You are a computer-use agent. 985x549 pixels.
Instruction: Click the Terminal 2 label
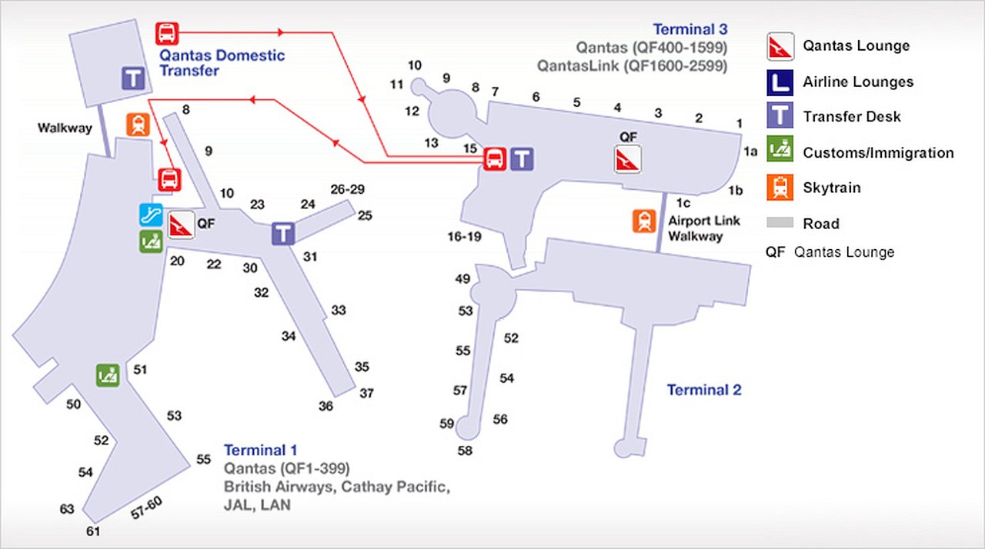point(704,390)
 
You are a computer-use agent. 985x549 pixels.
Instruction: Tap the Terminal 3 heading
point(690,30)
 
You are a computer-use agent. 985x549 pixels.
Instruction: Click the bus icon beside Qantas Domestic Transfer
point(167,33)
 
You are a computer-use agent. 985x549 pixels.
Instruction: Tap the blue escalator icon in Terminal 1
point(150,215)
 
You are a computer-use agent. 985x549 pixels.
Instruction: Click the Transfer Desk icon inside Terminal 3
point(523,159)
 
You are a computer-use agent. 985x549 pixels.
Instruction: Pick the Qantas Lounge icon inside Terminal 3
point(627,160)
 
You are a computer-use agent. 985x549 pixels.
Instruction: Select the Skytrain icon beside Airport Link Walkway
point(644,221)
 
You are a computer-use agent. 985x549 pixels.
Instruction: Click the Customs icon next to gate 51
point(108,375)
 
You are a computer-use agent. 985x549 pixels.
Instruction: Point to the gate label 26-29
point(347,189)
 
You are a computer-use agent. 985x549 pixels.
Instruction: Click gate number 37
point(366,394)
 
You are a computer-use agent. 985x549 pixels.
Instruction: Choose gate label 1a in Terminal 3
point(750,152)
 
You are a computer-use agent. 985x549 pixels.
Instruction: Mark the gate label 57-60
point(146,509)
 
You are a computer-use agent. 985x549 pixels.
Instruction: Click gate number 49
point(462,279)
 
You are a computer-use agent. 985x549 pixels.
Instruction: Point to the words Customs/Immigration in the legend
point(878,153)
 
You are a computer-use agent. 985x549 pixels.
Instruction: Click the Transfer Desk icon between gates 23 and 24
point(283,234)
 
